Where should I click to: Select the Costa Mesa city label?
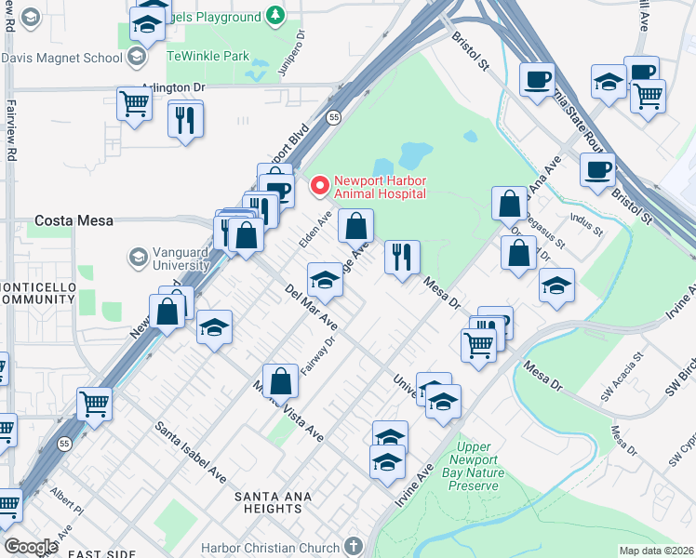(x=74, y=220)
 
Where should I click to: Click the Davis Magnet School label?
(x=61, y=58)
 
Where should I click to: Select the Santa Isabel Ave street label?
(x=191, y=452)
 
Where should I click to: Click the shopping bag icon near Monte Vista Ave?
(x=280, y=380)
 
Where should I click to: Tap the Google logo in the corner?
(x=31, y=547)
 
